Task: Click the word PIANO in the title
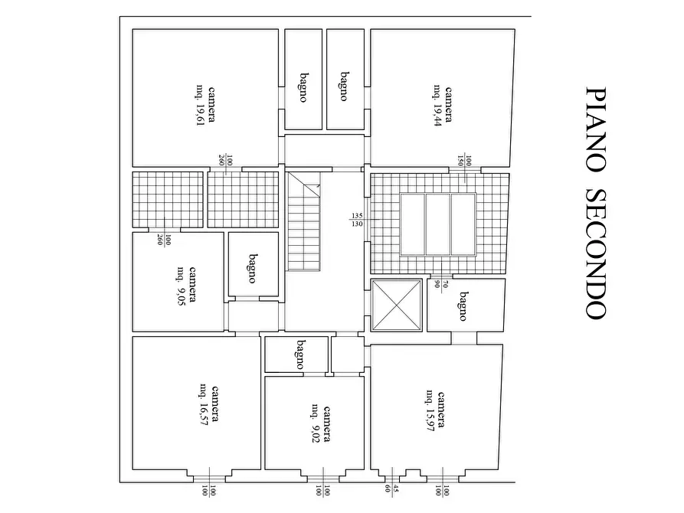pyautogui.click(x=597, y=127)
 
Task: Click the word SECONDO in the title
pyautogui.click(x=597, y=252)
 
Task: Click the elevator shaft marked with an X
pyautogui.click(x=396, y=306)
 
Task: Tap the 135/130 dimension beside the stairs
pyautogui.click(x=356, y=219)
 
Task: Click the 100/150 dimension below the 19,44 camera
pyautogui.click(x=466, y=161)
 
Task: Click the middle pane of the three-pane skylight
pyautogui.click(x=437, y=225)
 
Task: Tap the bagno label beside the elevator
pyautogui.click(x=463, y=306)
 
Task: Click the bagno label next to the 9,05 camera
pyautogui.click(x=252, y=269)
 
